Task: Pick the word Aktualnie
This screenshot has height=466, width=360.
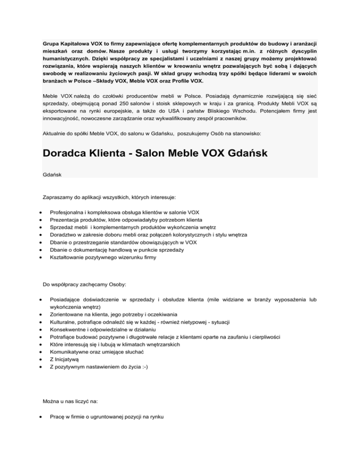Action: (x=55, y=134)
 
